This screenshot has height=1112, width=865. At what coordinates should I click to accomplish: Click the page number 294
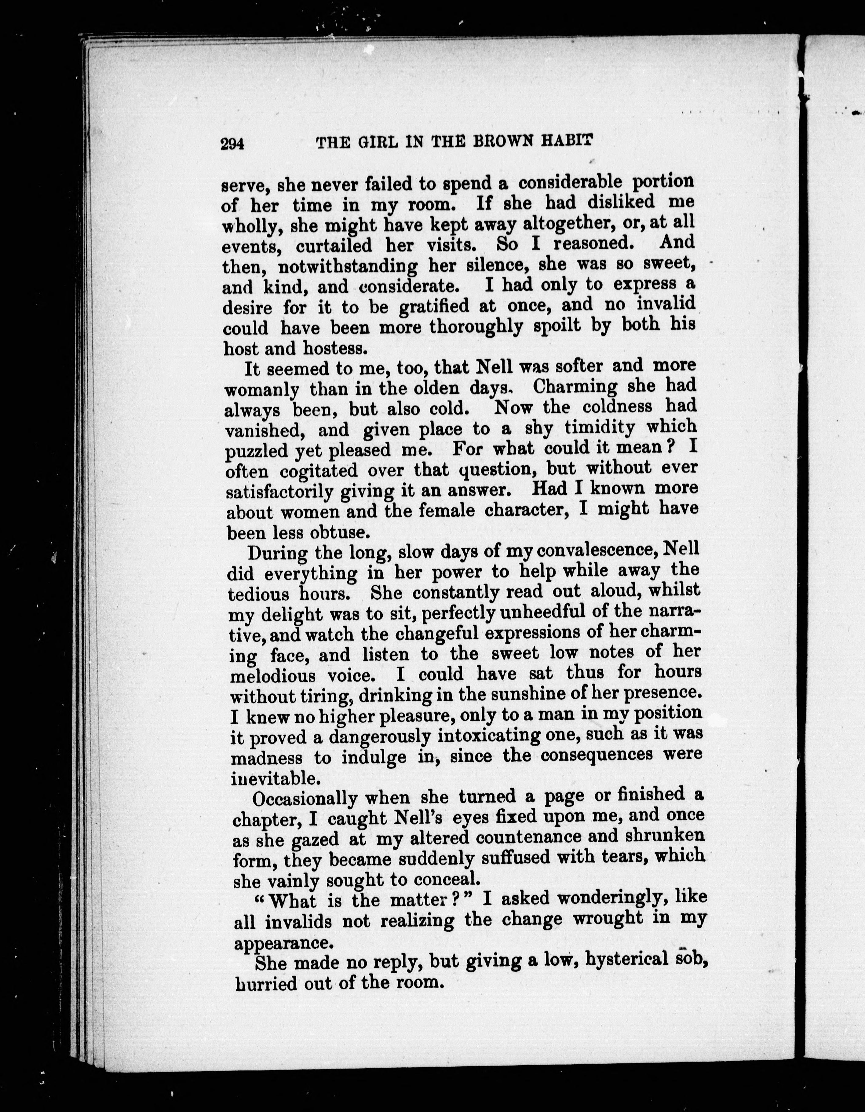233,144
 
